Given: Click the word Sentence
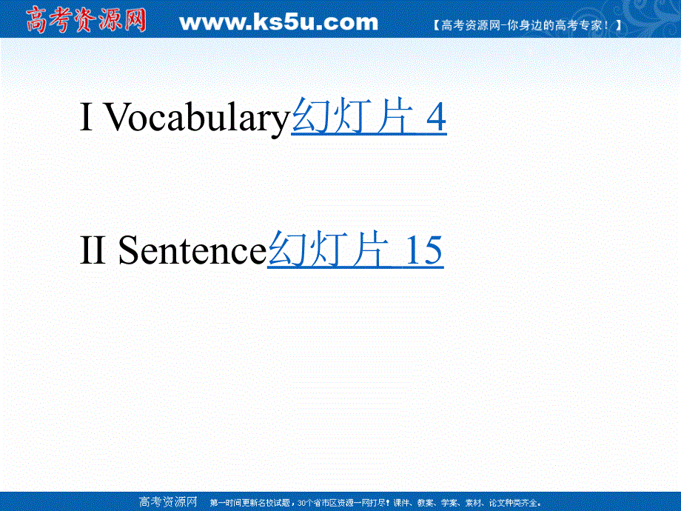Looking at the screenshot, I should (191, 251).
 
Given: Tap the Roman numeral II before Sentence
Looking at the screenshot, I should (93, 251).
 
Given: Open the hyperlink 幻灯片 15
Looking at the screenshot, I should (355, 251).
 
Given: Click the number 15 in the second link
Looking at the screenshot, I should (423, 251).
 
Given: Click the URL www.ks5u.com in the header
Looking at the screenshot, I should (278, 22).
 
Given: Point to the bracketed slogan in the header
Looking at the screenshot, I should (526, 24).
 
